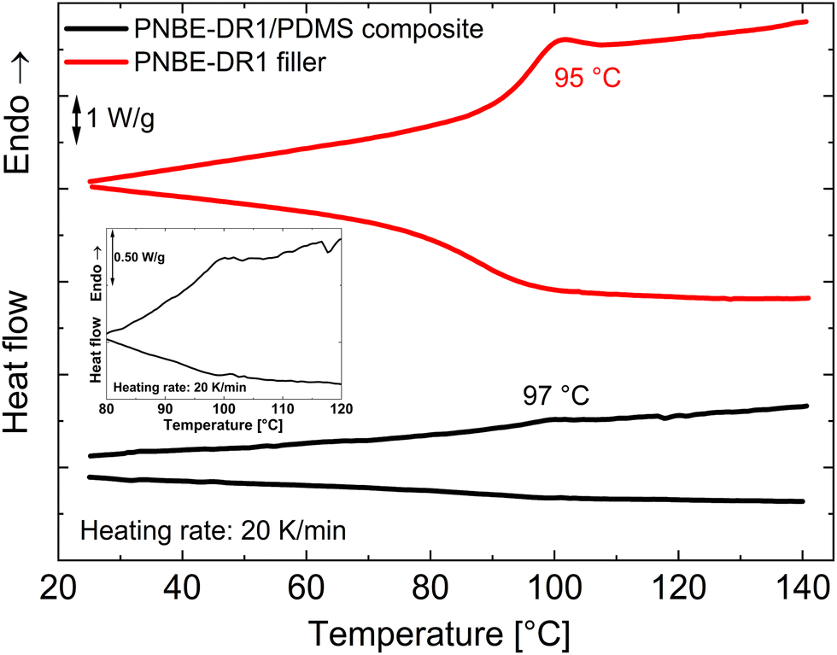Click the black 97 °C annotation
click(556, 395)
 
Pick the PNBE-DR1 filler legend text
click(229, 61)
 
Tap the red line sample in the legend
click(95, 61)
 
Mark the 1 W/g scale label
click(120, 120)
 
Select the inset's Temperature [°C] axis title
click(223, 424)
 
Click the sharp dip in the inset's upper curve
click(329, 252)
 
